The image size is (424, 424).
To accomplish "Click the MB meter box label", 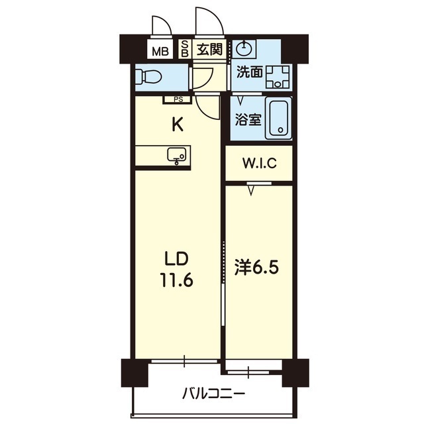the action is tap(160, 51).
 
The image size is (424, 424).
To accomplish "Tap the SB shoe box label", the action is tap(185, 48).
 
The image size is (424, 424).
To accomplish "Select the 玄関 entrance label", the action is tap(209, 49).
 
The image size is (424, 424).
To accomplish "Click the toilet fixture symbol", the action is tap(148, 77).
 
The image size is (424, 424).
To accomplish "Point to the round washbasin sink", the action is tap(244, 48).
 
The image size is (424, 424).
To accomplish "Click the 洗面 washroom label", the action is tap(250, 72).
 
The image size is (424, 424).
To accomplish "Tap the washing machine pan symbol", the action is tap(278, 77).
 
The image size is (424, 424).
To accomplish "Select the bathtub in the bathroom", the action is tap(278, 118).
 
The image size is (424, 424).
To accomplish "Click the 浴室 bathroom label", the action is tap(248, 119).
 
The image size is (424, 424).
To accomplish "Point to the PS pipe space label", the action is tap(178, 99).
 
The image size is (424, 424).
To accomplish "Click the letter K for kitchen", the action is tap(178, 125).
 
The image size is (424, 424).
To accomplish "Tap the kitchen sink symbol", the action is tap(177, 156).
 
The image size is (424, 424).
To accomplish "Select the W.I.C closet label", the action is tap(260, 163).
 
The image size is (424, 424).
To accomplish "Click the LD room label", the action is tap(176, 259).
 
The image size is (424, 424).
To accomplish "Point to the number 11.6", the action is tap(176, 280).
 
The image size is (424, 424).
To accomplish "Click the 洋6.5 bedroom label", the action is tap(256, 268).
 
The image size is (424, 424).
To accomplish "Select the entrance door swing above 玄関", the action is tap(217, 17).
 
